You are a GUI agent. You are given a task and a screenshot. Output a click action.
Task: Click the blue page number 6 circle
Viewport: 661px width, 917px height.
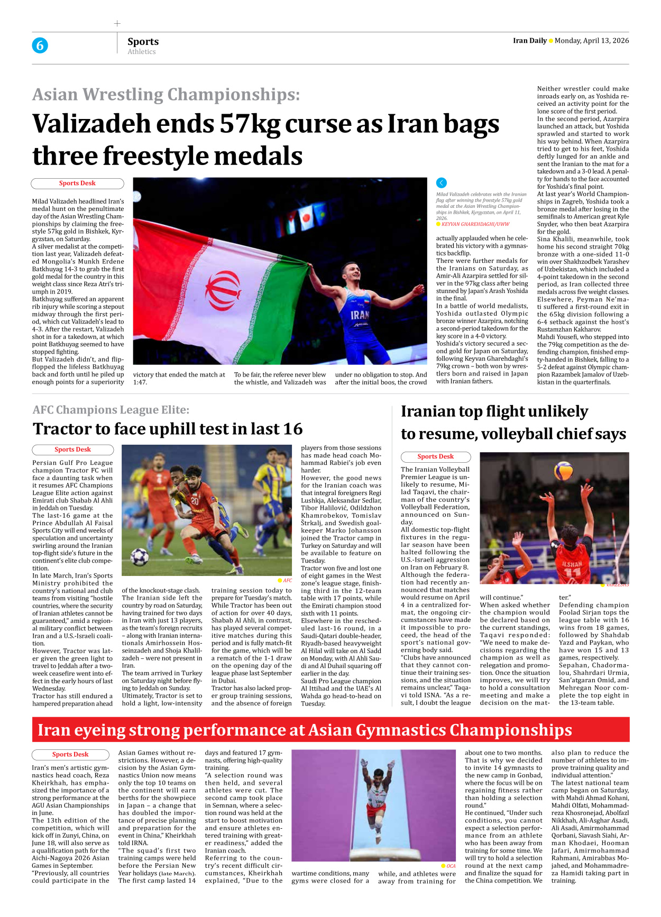(40, 45)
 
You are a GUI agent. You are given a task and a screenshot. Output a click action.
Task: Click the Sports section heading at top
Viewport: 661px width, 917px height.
(143, 41)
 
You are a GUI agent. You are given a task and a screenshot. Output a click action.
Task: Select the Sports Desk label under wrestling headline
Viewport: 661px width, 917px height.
(77, 184)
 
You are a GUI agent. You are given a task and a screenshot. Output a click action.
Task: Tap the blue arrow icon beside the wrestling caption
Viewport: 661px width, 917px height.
(442, 183)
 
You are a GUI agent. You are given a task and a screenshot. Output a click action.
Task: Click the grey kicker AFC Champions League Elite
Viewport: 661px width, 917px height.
(111, 410)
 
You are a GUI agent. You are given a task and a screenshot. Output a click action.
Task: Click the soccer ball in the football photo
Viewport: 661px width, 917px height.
(140, 556)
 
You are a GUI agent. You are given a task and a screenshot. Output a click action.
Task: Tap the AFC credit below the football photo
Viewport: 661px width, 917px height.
(287, 580)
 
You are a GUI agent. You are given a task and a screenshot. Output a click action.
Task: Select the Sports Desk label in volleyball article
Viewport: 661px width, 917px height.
(435, 457)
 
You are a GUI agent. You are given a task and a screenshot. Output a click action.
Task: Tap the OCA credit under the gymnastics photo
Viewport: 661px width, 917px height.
(451, 866)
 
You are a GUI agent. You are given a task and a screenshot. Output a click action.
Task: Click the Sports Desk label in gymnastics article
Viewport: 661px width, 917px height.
(70, 755)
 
